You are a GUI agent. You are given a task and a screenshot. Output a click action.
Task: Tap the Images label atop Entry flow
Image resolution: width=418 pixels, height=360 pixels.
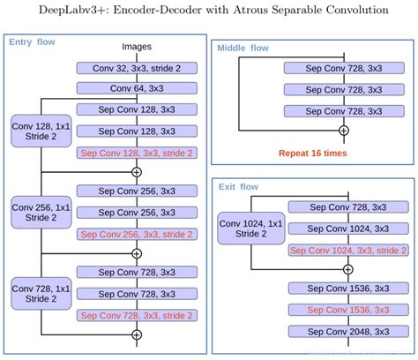[x=136, y=46]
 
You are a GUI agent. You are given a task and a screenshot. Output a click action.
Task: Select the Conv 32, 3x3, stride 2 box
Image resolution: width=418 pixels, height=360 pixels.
[x=137, y=67]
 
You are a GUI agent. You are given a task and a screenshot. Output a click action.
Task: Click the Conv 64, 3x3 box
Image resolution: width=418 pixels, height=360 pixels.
[x=137, y=87]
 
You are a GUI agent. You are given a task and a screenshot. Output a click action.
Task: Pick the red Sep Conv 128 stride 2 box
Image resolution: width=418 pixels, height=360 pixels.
[x=137, y=153]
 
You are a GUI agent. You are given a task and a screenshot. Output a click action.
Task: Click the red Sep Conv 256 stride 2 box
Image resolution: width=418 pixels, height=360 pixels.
[x=137, y=234]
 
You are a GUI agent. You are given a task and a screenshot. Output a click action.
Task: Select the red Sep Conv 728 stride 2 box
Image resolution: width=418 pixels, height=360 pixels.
[x=137, y=315]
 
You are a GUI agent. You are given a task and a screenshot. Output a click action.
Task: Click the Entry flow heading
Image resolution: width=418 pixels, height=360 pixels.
[x=32, y=41]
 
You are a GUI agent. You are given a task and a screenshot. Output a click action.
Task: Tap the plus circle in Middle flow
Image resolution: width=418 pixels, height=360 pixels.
[x=344, y=131]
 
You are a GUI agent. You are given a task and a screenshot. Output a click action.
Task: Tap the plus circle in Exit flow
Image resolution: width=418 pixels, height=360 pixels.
[x=347, y=269]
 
